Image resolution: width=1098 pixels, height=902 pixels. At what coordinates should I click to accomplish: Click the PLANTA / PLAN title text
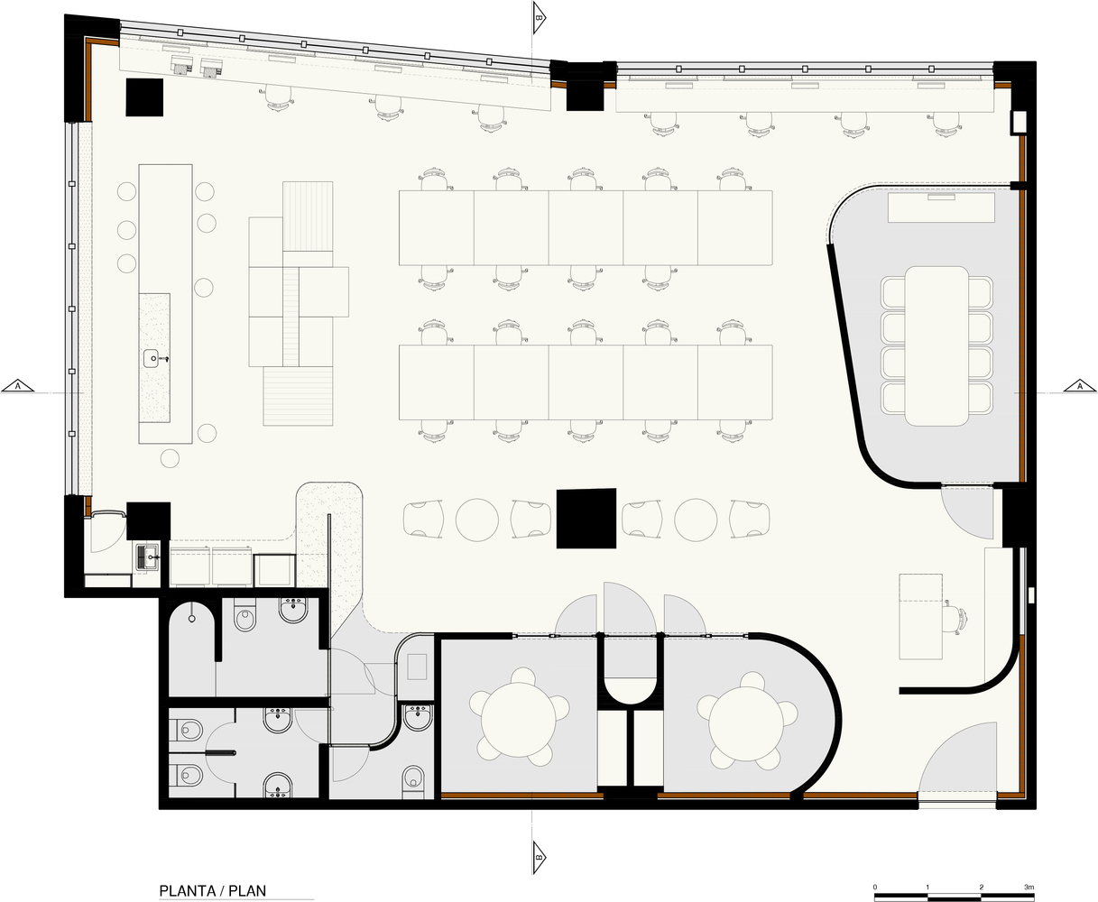212,891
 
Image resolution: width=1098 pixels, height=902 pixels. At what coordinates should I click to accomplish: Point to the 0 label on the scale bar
875,888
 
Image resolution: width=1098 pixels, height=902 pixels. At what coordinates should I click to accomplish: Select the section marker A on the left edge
17,386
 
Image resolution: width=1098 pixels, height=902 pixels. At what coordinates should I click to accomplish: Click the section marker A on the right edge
1079,386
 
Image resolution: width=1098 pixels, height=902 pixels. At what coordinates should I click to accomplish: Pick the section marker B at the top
539,16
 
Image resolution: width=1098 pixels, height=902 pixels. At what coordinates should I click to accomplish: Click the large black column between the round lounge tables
586,519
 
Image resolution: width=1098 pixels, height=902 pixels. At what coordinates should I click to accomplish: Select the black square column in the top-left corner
143,97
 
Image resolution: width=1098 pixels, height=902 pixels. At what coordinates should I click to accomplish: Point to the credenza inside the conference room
941,207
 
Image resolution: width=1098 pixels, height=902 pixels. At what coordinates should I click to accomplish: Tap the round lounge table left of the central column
478,520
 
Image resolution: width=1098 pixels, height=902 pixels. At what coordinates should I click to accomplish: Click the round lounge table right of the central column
696,520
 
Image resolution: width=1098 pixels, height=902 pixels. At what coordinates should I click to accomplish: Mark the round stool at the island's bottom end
170,458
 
